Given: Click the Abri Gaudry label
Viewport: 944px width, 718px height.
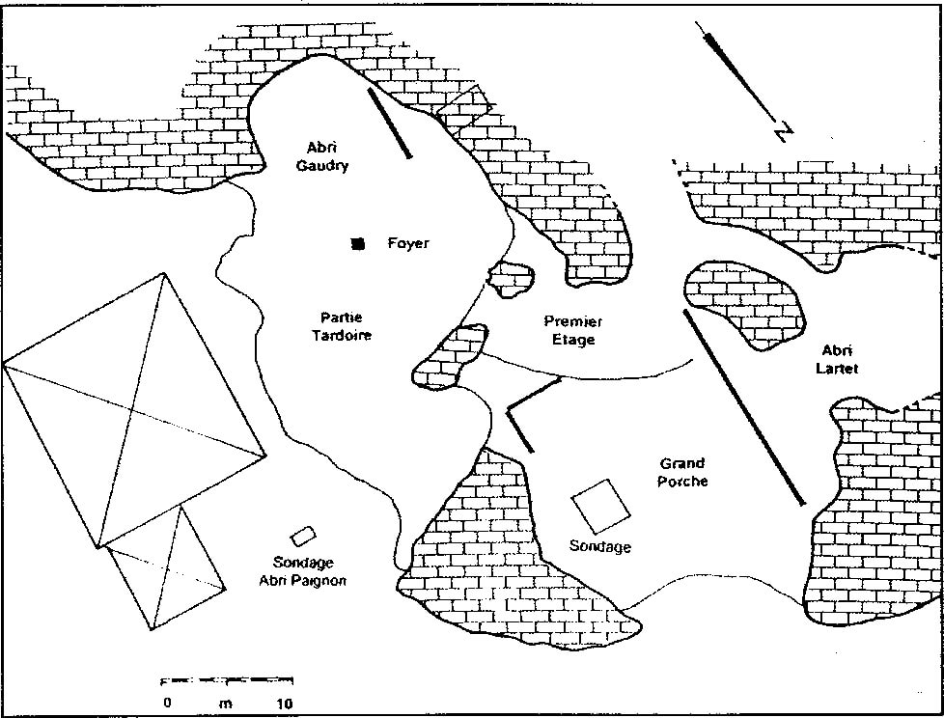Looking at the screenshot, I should click(327, 156).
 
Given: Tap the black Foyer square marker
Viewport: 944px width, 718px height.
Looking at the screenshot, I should click(358, 244).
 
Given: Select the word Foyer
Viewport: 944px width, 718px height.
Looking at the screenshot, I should click(407, 243).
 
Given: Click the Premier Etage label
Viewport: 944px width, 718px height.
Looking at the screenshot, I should click(572, 330).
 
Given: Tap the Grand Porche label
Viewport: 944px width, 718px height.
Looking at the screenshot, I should click(682, 472).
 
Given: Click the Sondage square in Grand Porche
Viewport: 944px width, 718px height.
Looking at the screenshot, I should click(600, 505).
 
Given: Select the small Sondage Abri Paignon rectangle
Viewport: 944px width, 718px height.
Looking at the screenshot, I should click(303, 535).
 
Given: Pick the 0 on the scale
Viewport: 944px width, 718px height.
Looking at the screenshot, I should click(167, 703).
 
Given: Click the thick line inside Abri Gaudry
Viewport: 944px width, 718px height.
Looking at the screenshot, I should click(389, 124).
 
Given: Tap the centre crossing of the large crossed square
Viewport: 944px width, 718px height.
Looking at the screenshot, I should click(131, 410).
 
